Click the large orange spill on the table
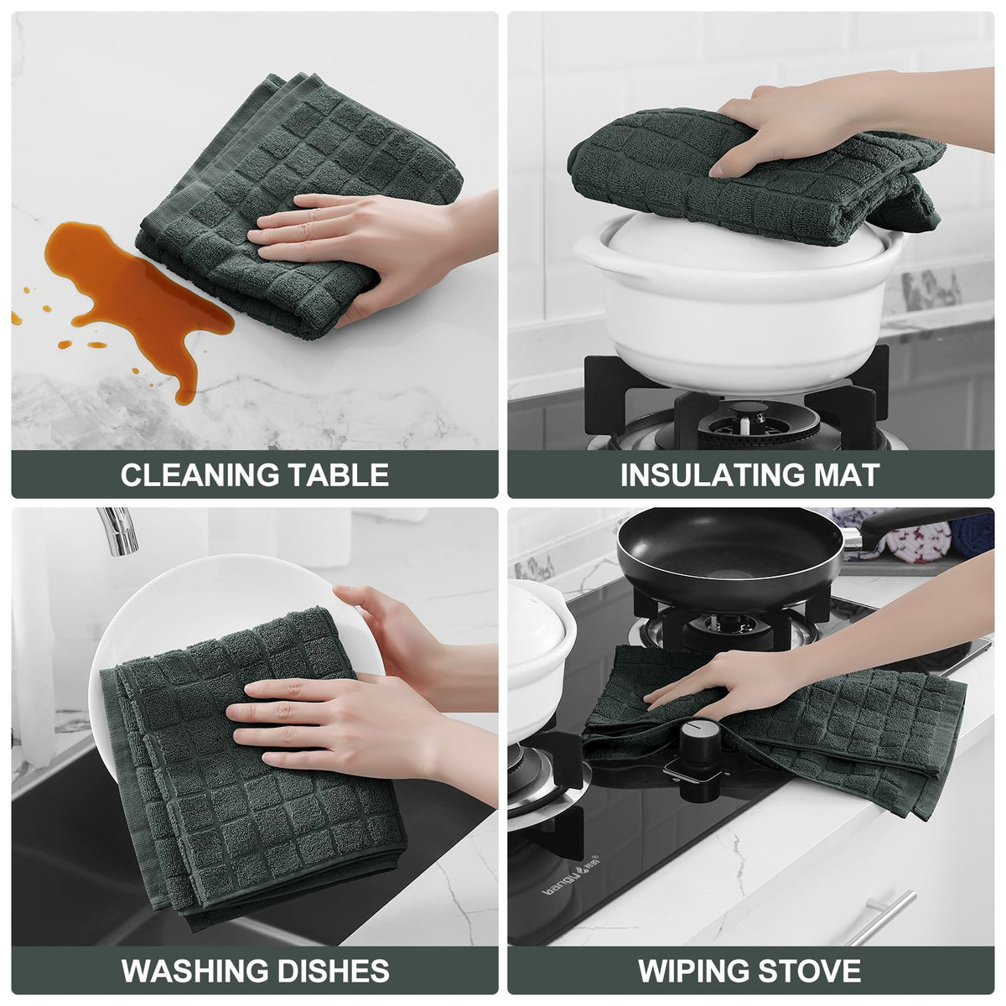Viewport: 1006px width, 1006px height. pos(136,293)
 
